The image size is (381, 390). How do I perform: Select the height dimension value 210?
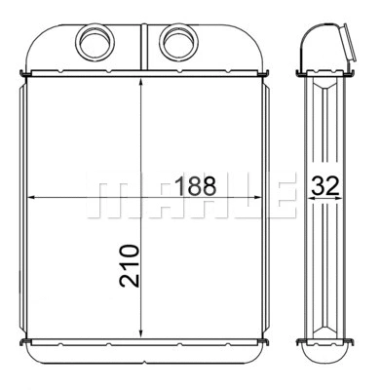129,264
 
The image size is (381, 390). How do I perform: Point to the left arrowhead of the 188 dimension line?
32,196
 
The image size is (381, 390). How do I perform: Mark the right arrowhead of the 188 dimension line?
262,196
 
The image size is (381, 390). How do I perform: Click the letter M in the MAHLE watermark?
110,195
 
